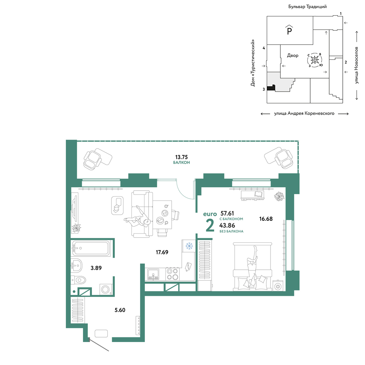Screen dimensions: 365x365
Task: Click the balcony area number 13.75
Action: (181, 157)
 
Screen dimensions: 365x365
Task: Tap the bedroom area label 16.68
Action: (266, 219)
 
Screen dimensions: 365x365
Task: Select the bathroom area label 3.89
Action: (96, 268)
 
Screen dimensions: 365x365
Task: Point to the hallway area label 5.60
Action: (120, 310)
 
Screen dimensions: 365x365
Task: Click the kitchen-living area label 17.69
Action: (162, 252)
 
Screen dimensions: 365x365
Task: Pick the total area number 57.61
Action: (227, 213)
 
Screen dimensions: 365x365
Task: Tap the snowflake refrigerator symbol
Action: (189, 246)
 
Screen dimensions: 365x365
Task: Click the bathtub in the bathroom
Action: (91, 248)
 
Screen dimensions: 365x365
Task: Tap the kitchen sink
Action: (153, 274)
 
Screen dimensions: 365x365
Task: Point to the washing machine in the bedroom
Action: (278, 286)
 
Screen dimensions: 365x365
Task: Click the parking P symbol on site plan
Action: (289, 30)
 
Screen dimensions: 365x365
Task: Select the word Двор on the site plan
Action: (293, 55)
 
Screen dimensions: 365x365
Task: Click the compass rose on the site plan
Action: (315, 60)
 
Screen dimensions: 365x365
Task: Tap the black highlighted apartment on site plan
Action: (271, 88)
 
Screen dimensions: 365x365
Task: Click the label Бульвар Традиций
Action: (307, 7)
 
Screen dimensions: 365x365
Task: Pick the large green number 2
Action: (210, 226)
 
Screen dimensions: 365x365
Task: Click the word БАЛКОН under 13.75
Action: (181, 162)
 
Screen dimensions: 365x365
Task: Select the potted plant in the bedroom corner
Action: (279, 196)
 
